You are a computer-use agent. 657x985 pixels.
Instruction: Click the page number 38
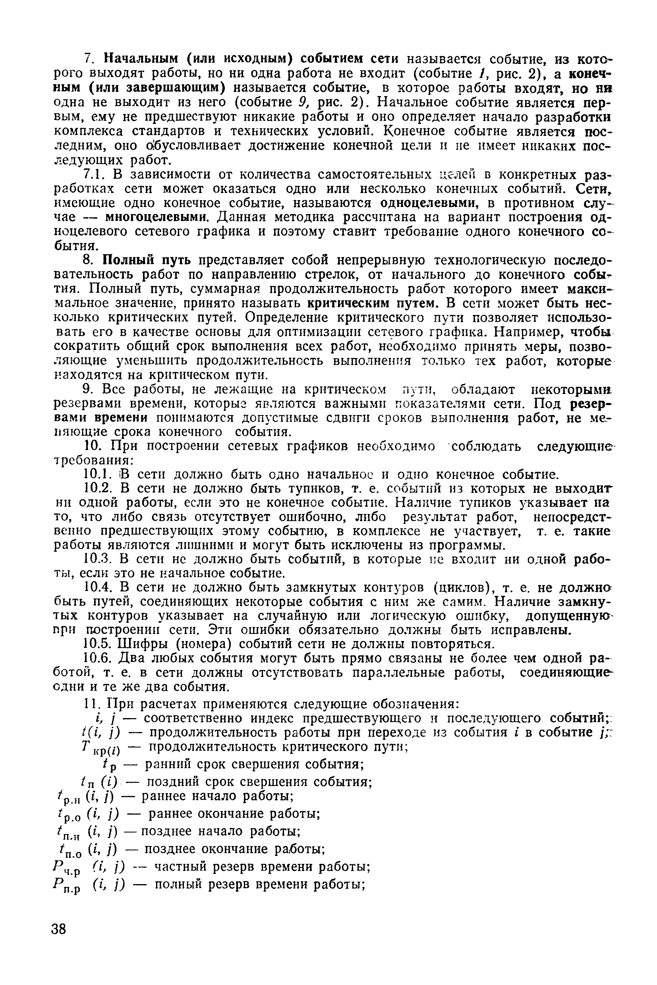59,929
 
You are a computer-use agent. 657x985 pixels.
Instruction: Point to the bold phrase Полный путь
147,261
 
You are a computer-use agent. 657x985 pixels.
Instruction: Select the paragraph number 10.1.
97,474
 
